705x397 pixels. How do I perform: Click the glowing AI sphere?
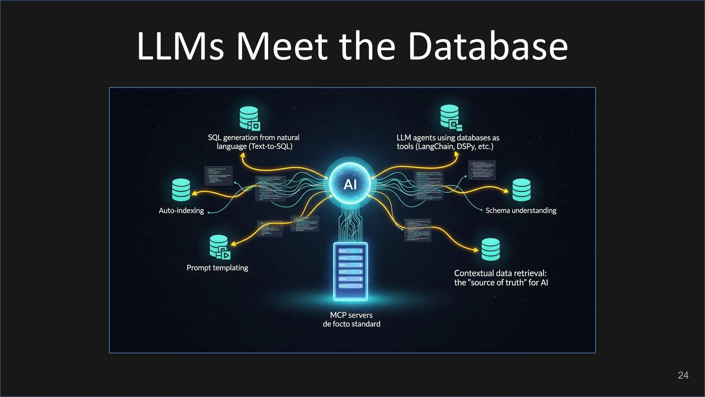point(350,184)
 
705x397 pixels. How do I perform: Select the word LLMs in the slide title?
point(180,46)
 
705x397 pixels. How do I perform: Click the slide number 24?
point(683,375)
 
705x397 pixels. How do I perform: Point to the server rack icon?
point(350,271)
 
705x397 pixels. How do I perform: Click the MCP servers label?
point(351,315)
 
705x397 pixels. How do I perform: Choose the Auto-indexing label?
point(181,211)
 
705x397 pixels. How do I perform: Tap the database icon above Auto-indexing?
point(181,190)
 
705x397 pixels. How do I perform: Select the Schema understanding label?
point(521,211)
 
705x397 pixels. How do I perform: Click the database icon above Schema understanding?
point(521,190)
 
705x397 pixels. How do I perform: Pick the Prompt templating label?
point(217,268)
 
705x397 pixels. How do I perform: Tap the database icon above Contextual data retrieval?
point(491,249)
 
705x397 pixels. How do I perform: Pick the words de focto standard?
point(351,324)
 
